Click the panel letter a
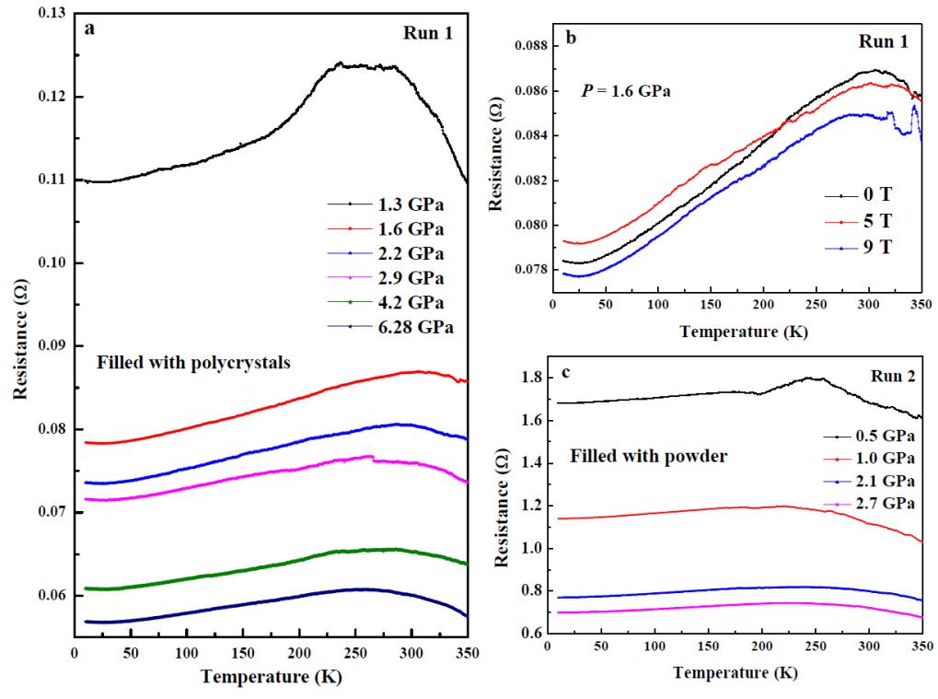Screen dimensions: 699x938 (x=89, y=29)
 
